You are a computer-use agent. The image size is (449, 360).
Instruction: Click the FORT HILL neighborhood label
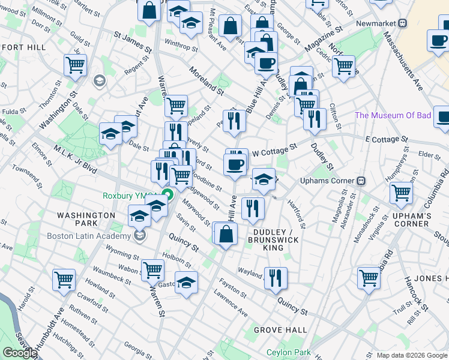22,47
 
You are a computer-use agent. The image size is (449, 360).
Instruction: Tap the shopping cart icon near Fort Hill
76,65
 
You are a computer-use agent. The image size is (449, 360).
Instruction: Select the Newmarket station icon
403,23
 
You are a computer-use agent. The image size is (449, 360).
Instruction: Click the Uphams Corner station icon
361,181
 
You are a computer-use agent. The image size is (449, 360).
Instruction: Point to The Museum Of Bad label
393,115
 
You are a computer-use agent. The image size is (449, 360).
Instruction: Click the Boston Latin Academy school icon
140,235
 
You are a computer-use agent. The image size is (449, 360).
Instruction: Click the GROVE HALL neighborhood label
280,330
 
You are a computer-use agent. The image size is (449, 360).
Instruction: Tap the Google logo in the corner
20,352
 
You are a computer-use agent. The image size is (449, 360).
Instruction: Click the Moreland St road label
206,81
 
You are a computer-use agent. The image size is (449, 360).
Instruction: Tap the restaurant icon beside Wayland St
276,278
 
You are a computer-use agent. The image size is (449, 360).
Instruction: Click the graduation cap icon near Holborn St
187,282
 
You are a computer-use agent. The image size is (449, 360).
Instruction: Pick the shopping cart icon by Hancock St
369,277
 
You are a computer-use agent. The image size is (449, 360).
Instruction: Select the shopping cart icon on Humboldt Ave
64,279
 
